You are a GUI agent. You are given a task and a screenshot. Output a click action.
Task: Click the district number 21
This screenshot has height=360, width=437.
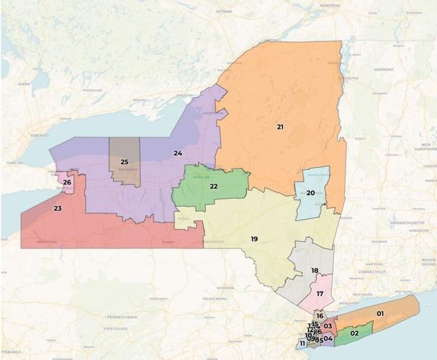tap(280, 127)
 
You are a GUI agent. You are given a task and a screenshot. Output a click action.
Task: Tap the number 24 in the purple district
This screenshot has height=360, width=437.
tap(177, 153)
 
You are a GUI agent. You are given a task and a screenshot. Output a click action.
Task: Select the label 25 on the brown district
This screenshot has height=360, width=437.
tap(125, 162)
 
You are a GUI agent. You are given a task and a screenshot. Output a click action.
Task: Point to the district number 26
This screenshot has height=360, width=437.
tap(66, 182)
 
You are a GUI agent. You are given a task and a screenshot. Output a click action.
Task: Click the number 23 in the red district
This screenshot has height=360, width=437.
tap(58, 209)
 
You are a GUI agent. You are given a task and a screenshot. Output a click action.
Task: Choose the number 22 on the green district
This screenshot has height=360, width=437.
tap(214, 186)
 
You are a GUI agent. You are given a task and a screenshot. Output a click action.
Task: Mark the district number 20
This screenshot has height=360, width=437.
tap(311, 193)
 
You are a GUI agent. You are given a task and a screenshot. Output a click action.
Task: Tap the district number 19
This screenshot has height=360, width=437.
tap(254, 238)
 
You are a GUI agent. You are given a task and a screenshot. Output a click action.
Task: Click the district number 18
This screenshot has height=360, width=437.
tap(315, 270)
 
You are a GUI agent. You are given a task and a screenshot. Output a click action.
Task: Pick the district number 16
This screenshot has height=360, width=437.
tap(320, 316)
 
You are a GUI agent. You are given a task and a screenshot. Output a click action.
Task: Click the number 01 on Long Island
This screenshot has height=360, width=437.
tap(379, 313)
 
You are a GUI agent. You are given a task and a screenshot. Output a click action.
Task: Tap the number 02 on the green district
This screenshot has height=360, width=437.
tap(354, 333)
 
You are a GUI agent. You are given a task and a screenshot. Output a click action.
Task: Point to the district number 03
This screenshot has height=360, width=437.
tap(328, 326)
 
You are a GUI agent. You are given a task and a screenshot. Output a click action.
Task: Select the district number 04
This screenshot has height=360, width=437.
tap(328, 338)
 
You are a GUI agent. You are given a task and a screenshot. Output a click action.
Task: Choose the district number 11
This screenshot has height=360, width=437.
tap(302, 343)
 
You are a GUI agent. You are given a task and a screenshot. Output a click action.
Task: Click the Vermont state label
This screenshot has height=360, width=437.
tap(382, 70)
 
